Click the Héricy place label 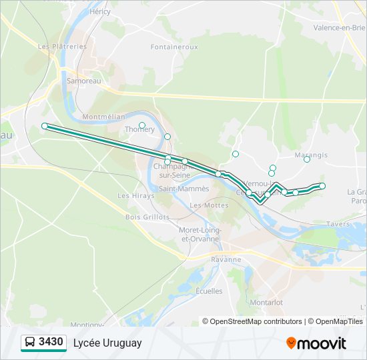pos(99,12)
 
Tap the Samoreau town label pos(83,81)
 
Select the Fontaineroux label pos(174,47)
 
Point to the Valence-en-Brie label pos(340,27)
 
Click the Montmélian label pos(103,116)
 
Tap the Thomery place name pos(139,130)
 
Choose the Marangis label pos(311,155)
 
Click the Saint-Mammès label pos(183,189)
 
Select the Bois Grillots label pos(147,217)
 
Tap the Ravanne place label pos(226,259)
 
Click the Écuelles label pos(209,291)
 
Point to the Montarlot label pos(266,302)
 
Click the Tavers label pos(338,224)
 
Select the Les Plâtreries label pos(63,47)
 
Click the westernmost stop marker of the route pos(45,126)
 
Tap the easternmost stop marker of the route pos(322,186)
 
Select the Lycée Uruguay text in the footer pos(107,343)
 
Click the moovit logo pos(316,343)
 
